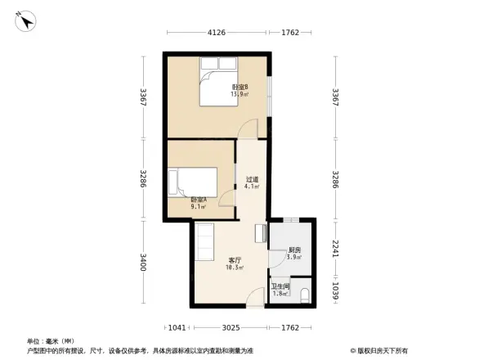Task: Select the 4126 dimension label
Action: coord(216,33)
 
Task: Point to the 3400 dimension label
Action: coord(142,263)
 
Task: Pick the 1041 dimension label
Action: coord(178,328)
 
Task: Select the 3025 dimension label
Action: coord(231,328)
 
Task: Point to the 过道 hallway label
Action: coord(252,182)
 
